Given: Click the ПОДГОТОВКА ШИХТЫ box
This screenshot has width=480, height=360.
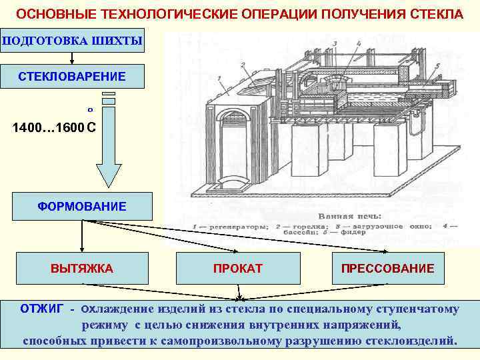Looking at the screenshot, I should click(72, 41).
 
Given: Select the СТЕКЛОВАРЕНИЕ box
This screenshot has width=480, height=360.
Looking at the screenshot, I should click(72, 77).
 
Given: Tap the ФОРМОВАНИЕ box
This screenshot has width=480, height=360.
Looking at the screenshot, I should click(81, 207).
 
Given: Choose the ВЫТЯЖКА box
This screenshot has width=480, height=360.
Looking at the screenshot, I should click(81, 269).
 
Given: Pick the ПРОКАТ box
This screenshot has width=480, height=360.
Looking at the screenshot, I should click(237, 269).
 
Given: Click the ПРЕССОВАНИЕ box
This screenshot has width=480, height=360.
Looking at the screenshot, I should click(387, 269).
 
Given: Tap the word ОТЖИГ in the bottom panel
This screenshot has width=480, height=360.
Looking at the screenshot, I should click(42, 309).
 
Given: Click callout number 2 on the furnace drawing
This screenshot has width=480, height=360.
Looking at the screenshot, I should click(245, 64).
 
